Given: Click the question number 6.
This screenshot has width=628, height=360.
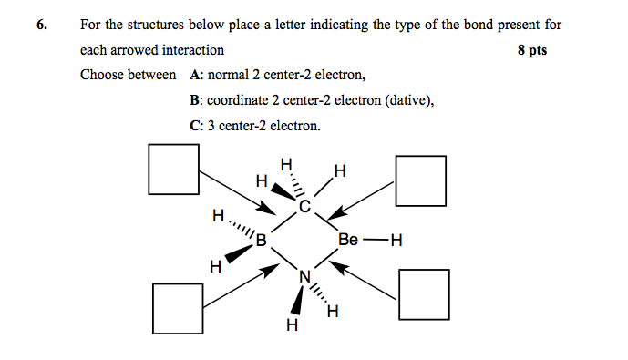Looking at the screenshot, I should tap(42, 26).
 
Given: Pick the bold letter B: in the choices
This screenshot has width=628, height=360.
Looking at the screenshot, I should tap(195, 100).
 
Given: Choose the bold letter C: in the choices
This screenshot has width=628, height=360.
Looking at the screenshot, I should tap(196, 126).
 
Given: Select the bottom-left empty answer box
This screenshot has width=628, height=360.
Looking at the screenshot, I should tap(178, 308).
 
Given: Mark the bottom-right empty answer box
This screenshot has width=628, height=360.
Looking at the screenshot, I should tap(426, 293).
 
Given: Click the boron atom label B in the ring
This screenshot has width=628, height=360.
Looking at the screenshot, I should tap(261, 242).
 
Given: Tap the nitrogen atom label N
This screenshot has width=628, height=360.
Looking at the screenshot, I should tap(304, 275).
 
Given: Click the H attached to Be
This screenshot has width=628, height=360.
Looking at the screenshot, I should tap(395, 242).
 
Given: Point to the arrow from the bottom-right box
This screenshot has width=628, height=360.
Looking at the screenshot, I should tap(365, 280).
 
